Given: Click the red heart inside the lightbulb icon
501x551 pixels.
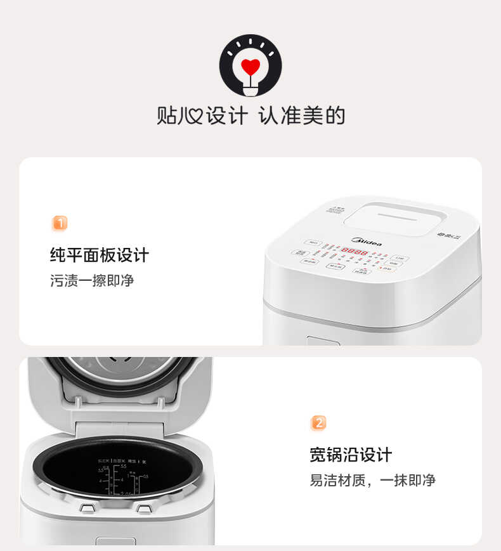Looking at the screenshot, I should coord(251,66).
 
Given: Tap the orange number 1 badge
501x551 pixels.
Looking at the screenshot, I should coord(59,223).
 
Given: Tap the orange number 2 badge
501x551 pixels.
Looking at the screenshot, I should coord(318,423).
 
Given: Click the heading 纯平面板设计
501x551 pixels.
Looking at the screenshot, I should coord(100,256).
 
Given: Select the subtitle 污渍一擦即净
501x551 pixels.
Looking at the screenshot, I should coord(92,280).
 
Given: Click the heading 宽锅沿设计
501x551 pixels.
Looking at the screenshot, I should coord(351,455).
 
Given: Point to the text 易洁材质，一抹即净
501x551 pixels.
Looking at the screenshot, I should coord(372,480).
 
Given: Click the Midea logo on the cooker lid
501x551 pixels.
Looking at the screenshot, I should coord(367,241).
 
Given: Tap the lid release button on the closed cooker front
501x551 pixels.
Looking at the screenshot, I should coord(323,340).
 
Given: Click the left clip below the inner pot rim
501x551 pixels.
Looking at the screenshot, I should coord(87,508).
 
